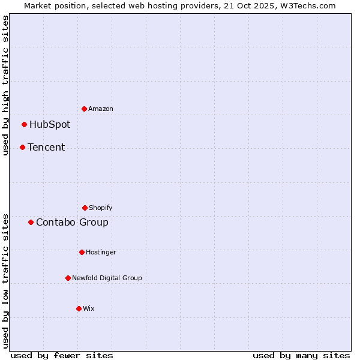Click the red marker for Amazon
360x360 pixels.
click(84, 109)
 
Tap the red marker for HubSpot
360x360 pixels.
click(24, 124)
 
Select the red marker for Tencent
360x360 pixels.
click(22, 147)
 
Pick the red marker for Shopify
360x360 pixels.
click(85, 208)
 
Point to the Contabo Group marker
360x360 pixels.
click(31, 222)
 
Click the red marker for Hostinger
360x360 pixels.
click(82, 252)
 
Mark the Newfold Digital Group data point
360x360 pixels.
click(68, 278)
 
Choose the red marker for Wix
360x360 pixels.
click(79, 308)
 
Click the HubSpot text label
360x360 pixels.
click(50, 125)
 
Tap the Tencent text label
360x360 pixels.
click(46, 148)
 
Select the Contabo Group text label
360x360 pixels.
click(72, 223)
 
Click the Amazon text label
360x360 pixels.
click(101, 109)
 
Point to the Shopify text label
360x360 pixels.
click(101, 208)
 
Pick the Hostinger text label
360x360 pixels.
click(101, 253)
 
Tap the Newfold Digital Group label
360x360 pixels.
click(107, 278)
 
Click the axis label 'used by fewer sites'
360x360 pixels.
click(62, 356)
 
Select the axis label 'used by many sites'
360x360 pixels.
click(301, 356)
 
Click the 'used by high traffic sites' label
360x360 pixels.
click(5, 85)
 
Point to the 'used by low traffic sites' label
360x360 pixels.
click(5, 280)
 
